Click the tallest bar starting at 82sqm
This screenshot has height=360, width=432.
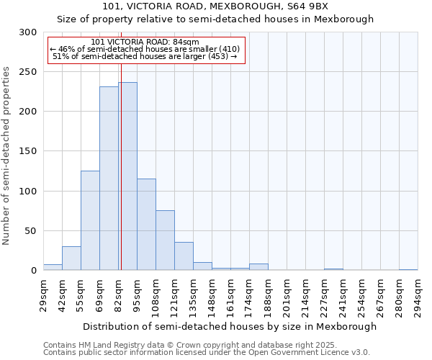(128, 176)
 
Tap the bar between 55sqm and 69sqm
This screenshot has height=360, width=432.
(90, 220)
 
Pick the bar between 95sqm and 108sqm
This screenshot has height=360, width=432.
(146, 225)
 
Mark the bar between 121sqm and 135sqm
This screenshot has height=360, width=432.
(184, 256)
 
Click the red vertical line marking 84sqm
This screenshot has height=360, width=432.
(121, 144)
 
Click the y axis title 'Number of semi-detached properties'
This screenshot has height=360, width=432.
(7, 156)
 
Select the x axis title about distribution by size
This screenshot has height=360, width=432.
(230, 326)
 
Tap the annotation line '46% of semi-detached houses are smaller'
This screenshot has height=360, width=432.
(147, 49)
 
